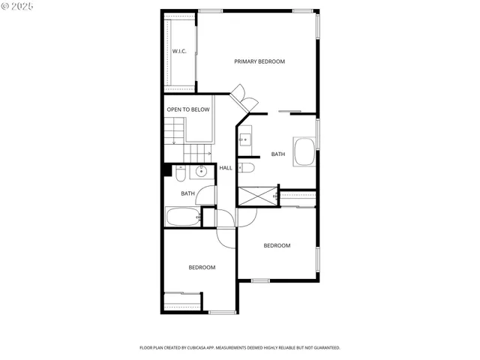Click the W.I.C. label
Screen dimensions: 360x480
click(179, 51)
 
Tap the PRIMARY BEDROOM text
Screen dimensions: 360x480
click(259, 61)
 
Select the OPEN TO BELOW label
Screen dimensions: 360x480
click(188, 109)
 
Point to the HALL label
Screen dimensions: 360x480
click(225, 168)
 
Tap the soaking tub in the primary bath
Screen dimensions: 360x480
click(305, 151)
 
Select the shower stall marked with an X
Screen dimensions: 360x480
click(257, 196)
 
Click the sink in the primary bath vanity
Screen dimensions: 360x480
click(245, 139)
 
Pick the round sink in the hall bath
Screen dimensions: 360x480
click(201, 172)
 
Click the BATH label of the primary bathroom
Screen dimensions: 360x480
click(278, 154)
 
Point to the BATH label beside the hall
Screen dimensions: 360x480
click(187, 194)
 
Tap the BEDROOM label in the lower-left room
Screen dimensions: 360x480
click(202, 268)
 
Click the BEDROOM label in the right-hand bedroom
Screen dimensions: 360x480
click(277, 246)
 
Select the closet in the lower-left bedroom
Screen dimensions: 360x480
click(182, 300)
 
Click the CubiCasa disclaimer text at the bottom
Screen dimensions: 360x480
click(240, 348)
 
